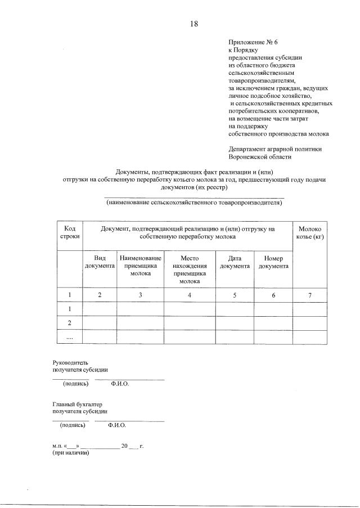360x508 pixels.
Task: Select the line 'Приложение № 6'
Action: tap(250, 43)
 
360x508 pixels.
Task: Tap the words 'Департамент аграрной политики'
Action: tap(274, 149)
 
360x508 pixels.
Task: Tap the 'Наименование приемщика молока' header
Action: tap(140, 266)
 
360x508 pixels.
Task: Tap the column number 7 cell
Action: tap(309, 295)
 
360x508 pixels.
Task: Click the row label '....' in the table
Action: tap(70, 337)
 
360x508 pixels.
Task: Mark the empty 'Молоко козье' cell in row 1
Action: tap(309, 309)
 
